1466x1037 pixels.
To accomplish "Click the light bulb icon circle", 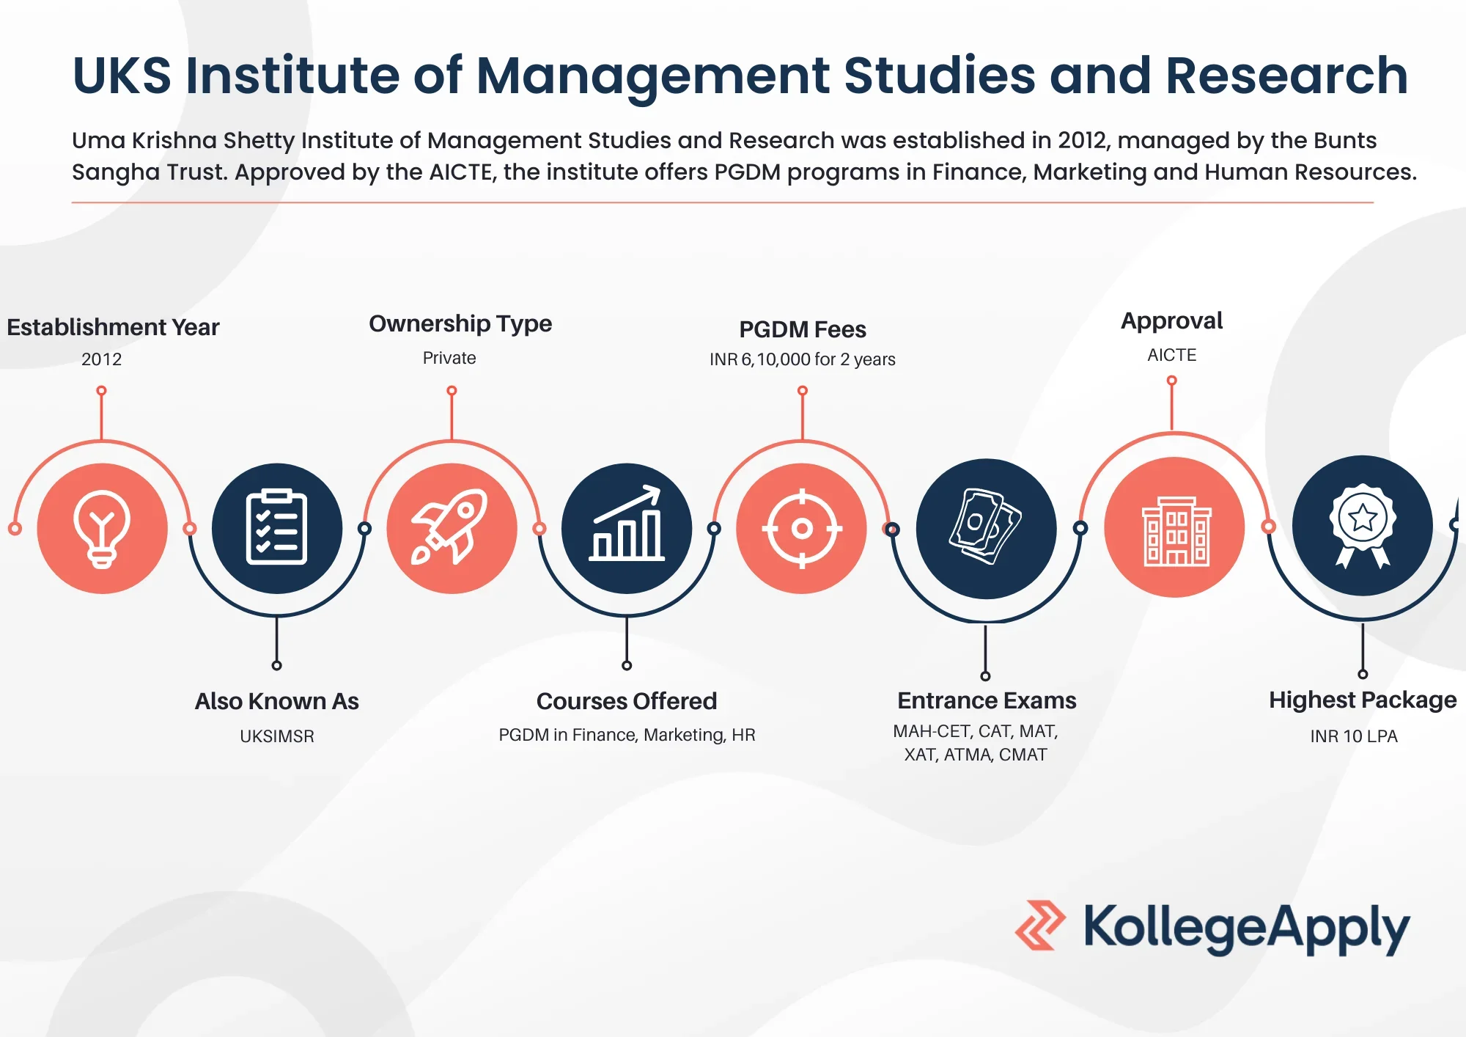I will click(102, 528).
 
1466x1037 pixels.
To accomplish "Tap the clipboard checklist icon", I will click(276, 528).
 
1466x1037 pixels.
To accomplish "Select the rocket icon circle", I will click(452, 528).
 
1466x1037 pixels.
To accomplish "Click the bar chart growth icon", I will click(627, 528).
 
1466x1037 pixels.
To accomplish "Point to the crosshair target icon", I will click(802, 528).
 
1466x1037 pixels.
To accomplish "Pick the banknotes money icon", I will click(986, 528).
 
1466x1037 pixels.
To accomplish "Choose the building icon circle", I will click(1174, 528).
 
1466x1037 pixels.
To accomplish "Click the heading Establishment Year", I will click(113, 327).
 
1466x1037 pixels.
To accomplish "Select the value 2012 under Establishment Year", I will click(101, 359).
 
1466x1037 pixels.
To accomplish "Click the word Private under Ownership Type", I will click(449, 358).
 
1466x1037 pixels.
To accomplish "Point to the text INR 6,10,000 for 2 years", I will click(802, 359).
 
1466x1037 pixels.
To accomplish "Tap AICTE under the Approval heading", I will click(1171, 355).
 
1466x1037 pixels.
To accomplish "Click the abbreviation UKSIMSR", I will click(276, 736).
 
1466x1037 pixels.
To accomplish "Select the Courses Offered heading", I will click(627, 701).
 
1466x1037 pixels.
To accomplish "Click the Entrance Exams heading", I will click(987, 700).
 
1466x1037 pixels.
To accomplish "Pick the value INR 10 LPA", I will click(1354, 736).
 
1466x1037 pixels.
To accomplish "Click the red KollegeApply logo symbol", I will click(1039, 926).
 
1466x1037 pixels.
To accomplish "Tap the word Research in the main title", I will click(1286, 76).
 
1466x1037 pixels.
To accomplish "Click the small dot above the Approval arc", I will click(1171, 381).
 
